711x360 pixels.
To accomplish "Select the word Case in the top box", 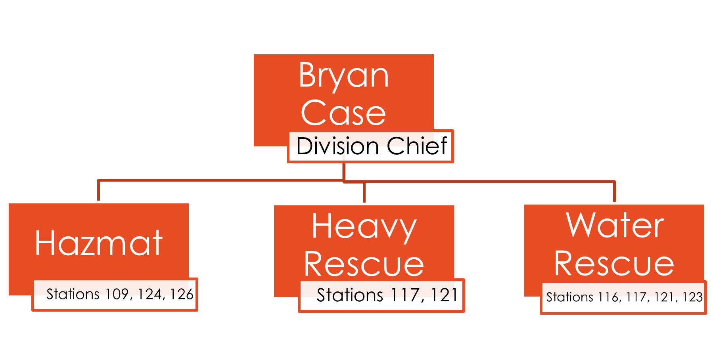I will [343, 113].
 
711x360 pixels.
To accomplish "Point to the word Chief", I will [417, 146].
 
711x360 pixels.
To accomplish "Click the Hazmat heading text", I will [99, 243].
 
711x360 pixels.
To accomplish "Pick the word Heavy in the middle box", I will [364, 227].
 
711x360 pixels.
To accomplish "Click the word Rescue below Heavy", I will [364, 264].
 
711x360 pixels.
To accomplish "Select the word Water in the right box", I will [615, 225].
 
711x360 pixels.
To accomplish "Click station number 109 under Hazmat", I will [117, 294].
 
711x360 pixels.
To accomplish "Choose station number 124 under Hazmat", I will [149, 294].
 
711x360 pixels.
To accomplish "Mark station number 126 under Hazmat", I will [182, 294].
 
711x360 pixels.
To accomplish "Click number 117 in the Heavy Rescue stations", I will [405, 295].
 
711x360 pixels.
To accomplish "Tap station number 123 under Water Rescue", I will [692, 297].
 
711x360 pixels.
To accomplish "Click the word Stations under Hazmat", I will [73, 294].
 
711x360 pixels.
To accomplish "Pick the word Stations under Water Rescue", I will [569, 297].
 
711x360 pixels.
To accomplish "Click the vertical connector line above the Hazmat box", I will [98, 191].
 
